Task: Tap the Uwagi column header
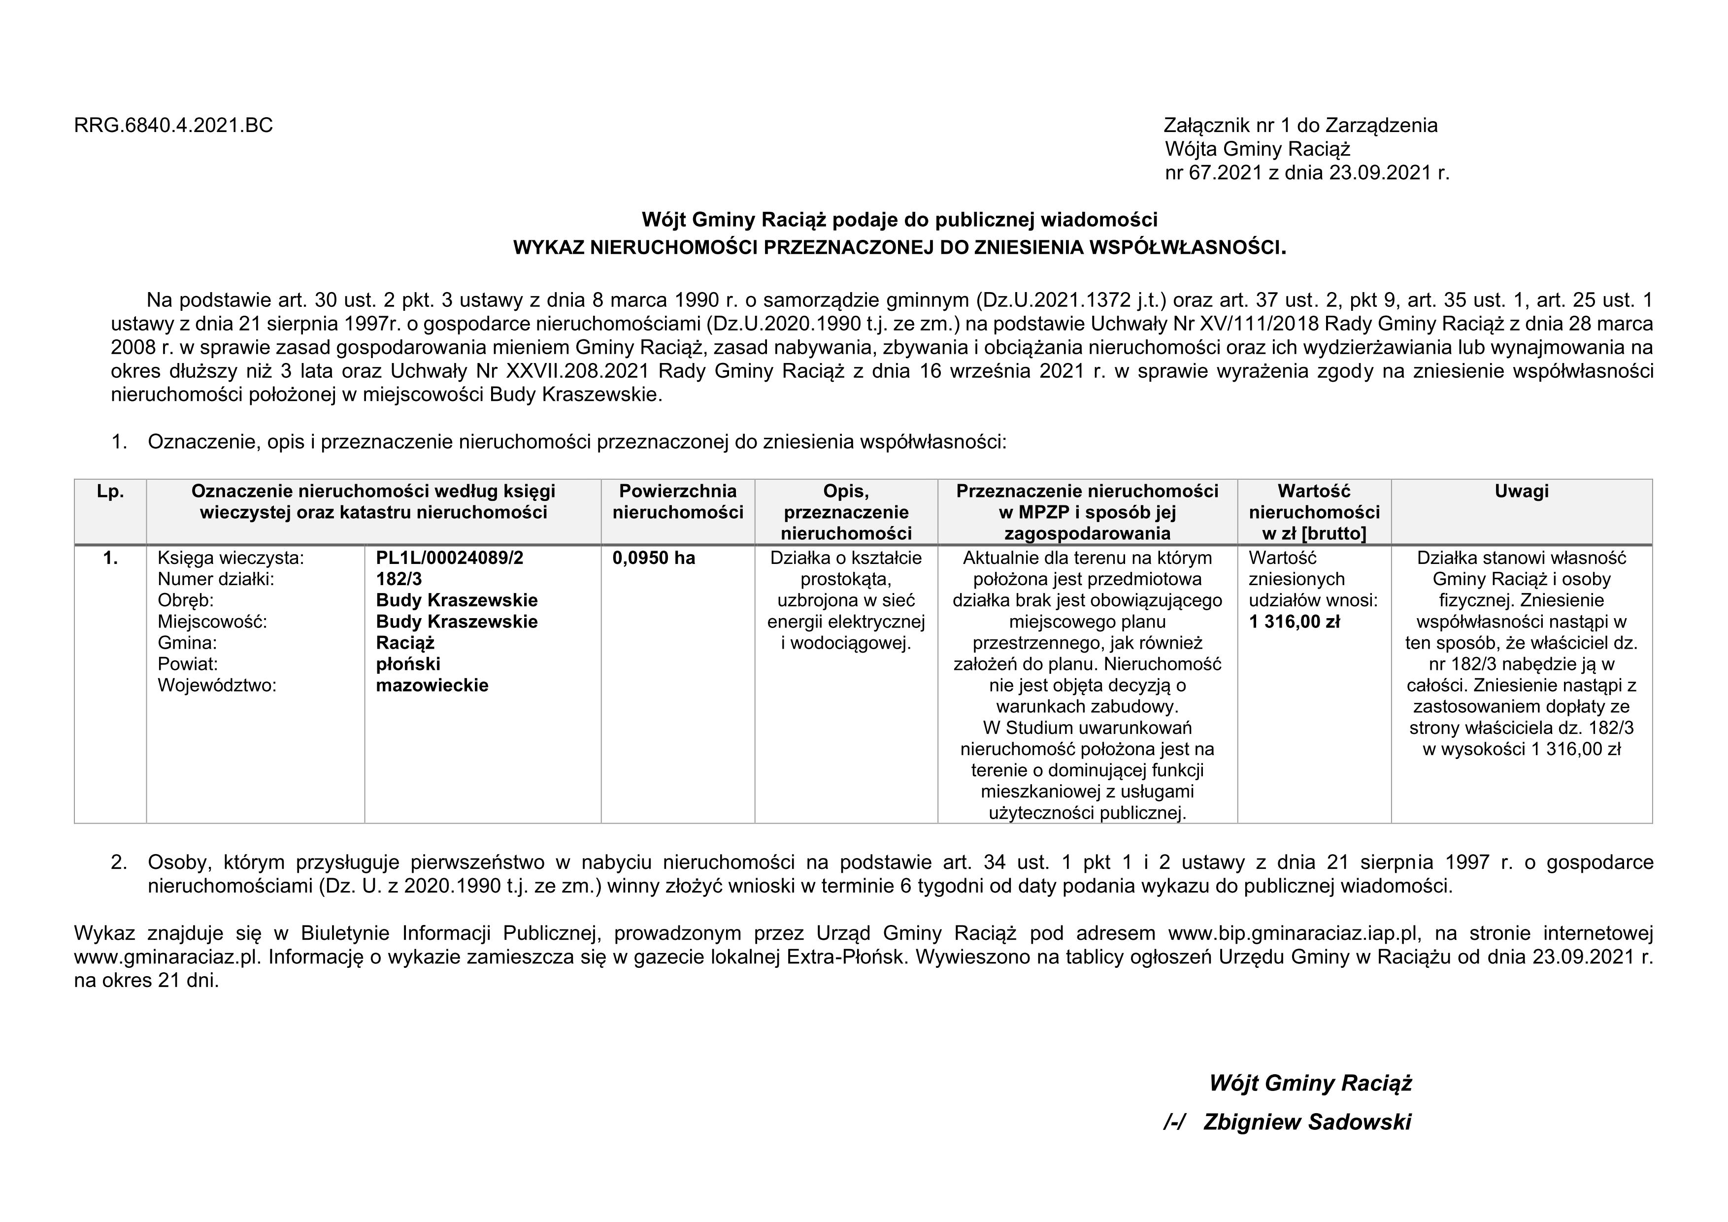[1521, 492]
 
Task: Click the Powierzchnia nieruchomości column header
[677, 502]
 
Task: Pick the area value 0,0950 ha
[654, 559]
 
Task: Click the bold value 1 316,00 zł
[1295, 622]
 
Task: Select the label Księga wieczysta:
[231, 559]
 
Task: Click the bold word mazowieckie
[432, 686]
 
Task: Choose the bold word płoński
[408, 664]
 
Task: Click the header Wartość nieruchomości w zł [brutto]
[1314, 512]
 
